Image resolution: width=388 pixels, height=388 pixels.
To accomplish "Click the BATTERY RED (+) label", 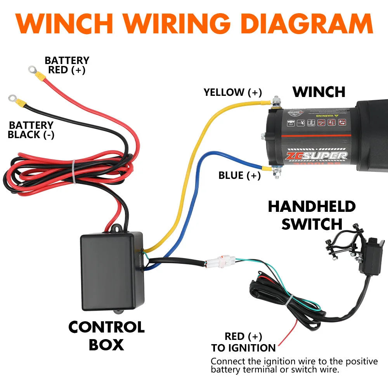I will pyautogui.click(x=67, y=65).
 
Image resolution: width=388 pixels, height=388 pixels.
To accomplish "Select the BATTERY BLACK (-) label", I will pyautogui.click(x=31, y=130).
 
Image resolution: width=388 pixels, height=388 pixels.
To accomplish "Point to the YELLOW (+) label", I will pyautogui.click(x=233, y=92).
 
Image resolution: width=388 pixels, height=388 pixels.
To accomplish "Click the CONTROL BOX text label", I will pyautogui.click(x=106, y=336).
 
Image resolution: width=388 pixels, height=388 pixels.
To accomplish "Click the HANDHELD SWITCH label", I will pyautogui.click(x=312, y=215).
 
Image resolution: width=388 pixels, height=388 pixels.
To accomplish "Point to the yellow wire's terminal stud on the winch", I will pyautogui.click(x=276, y=102).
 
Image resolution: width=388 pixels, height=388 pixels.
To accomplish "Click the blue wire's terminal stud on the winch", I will pyautogui.click(x=276, y=170).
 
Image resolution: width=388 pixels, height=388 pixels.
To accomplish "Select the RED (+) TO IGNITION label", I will pyautogui.click(x=243, y=342).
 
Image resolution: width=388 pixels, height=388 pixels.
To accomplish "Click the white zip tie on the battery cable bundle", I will pyautogui.click(x=73, y=171).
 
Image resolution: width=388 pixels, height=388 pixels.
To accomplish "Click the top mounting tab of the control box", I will pyautogui.click(x=115, y=229).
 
